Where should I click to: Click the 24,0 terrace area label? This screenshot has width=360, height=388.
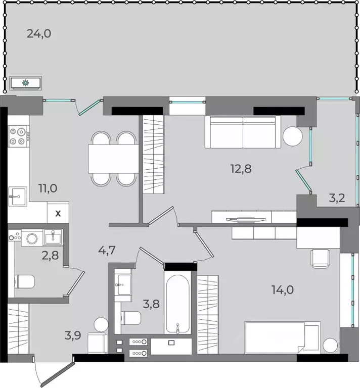(39, 34)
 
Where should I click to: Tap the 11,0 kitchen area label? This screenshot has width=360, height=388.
(48, 188)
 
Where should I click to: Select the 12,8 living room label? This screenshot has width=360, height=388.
(241, 169)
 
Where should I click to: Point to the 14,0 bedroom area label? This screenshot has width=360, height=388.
(283, 290)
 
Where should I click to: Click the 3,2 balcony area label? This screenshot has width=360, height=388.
(337, 198)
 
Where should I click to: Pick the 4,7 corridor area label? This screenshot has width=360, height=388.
(107, 251)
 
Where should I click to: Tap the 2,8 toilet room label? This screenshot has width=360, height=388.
(50, 256)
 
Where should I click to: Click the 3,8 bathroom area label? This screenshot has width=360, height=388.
(151, 304)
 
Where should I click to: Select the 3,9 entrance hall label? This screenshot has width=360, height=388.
(73, 336)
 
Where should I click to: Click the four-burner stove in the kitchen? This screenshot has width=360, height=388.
(19, 136)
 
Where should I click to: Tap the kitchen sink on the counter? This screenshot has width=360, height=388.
(18, 197)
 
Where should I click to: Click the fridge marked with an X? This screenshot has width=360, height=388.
(58, 213)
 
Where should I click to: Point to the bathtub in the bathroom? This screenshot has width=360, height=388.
(177, 304)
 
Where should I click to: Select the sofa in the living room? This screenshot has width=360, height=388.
(243, 132)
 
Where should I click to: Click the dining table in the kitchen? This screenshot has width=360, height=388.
(113, 159)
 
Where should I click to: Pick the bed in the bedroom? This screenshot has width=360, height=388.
(283, 337)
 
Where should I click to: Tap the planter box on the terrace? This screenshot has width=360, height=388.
(25, 83)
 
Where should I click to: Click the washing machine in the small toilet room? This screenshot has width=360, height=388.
(32, 237)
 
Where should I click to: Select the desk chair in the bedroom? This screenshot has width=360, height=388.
(321, 259)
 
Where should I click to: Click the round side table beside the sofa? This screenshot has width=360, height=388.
(293, 136)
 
